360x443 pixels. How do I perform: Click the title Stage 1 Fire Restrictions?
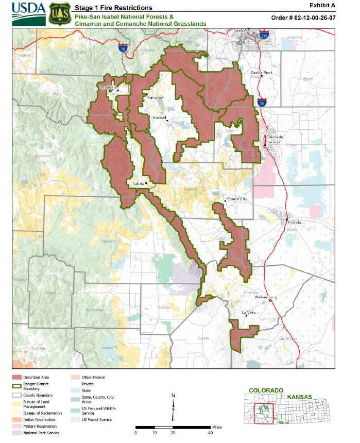click(113, 8)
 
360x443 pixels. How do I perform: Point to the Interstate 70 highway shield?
click(123, 48)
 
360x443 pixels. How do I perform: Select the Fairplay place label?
click(155, 97)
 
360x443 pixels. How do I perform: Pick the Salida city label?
click(138, 183)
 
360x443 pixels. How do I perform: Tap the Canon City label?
click(237, 199)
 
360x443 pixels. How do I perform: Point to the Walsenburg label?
click(267, 297)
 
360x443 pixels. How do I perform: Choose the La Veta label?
click(248, 313)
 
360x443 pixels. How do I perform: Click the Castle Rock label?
click(261, 73)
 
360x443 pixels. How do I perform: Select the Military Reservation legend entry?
click(41, 427)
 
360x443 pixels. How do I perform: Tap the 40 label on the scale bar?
click(211, 433)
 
